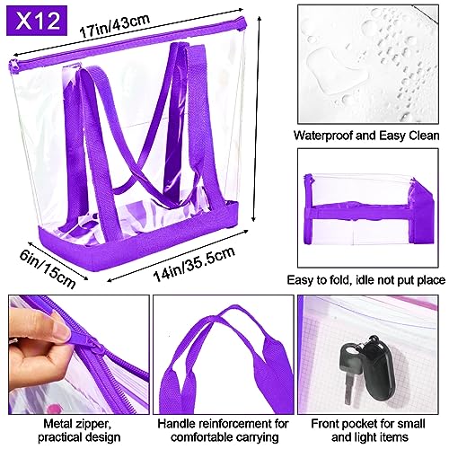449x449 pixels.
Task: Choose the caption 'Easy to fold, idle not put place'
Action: pos(370,279)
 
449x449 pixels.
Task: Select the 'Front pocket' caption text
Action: pos(371,429)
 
